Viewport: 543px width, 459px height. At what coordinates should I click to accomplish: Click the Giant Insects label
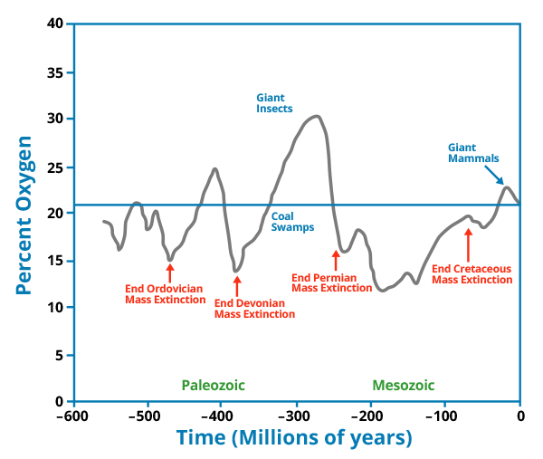coord(274,102)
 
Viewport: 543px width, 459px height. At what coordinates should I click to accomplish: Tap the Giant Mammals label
coord(473,152)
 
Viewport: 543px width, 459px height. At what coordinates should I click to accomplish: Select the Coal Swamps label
coord(292,222)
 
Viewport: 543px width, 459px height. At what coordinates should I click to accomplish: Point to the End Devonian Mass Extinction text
coord(254,309)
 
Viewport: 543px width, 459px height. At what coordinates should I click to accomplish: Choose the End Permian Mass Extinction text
coord(332,282)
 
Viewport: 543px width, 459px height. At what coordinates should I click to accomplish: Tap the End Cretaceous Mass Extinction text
coord(472,274)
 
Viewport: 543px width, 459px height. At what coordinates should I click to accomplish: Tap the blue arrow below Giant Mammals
coord(494,176)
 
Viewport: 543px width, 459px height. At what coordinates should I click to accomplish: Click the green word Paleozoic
coord(213,385)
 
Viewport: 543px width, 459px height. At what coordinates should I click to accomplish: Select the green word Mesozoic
coord(403,385)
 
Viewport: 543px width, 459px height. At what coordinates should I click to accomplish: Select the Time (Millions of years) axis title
coord(295,439)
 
